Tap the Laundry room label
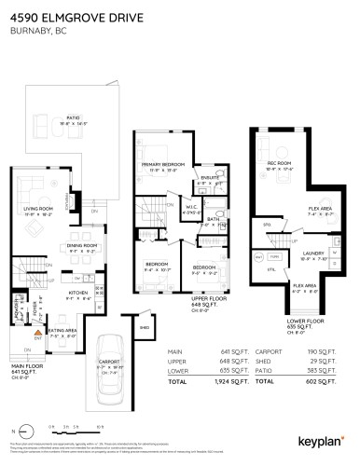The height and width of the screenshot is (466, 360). pos(312,252)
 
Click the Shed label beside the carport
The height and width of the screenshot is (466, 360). pos(145,327)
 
